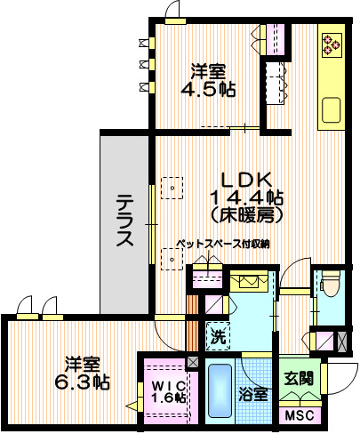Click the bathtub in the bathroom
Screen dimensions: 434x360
(219, 392)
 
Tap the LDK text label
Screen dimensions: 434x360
(234, 176)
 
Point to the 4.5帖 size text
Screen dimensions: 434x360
(208, 89)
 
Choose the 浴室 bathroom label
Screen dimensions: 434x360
(254, 394)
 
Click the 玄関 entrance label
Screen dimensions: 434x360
(300, 378)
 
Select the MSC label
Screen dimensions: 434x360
(299, 414)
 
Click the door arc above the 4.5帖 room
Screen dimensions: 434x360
(172, 12)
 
